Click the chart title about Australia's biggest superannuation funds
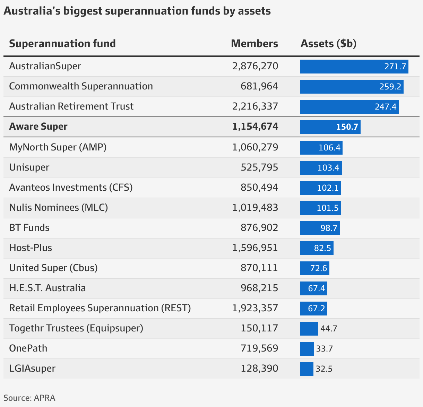coord(137,11)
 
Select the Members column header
coord(254,44)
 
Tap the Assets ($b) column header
coord(328,44)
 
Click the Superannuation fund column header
coord(62,44)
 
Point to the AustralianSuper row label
coord(45,66)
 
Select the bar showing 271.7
coord(354,67)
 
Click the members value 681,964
coord(259,86)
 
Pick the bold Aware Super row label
coord(38,127)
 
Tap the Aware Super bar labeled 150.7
coord(330,127)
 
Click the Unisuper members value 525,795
coord(259,167)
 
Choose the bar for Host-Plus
coord(317,248)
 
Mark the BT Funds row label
coord(29,228)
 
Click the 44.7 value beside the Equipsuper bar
coord(329,329)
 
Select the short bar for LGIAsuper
coord(307,369)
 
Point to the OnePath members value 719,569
coord(259,348)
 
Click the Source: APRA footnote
coord(29,398)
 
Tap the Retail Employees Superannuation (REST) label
coord(100,308)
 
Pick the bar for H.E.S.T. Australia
coord(313,288)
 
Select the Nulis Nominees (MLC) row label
coord(58,208)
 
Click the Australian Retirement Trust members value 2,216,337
coord(255,106)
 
